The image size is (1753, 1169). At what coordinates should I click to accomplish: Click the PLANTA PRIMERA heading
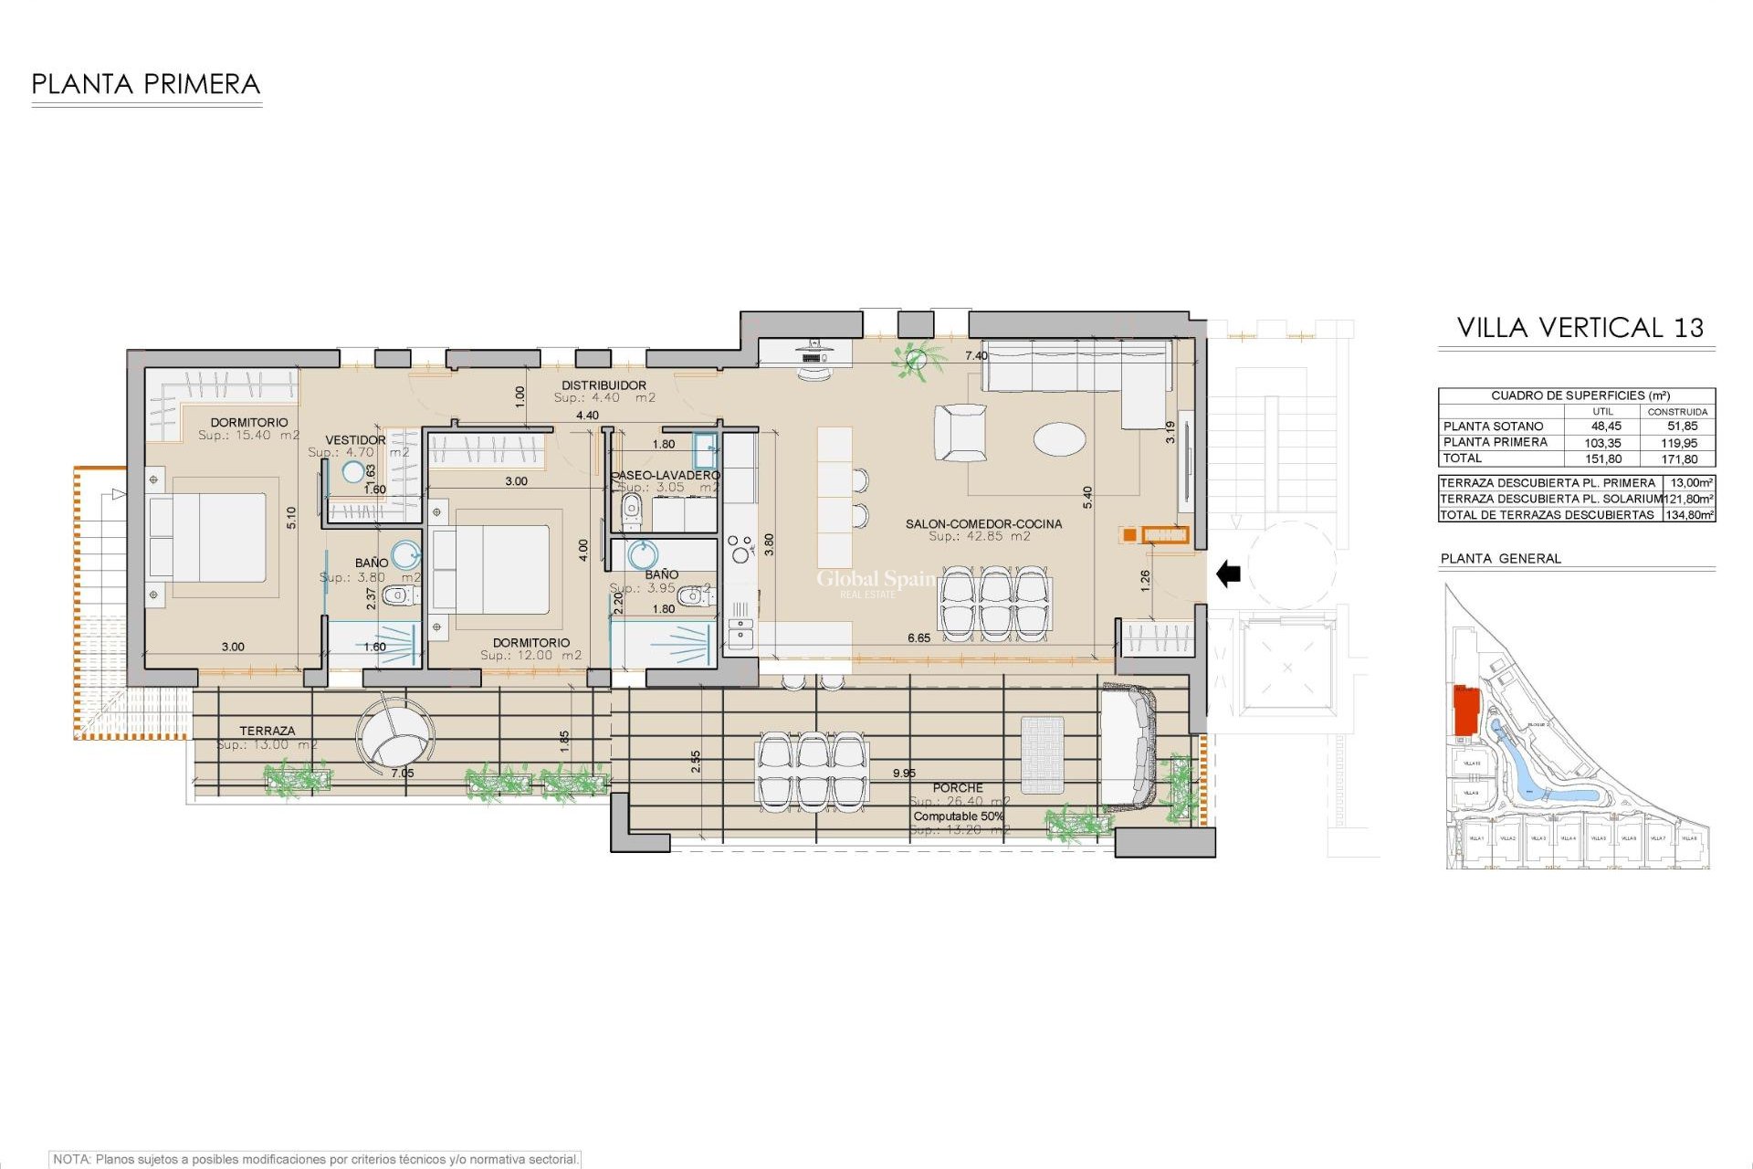pos(146,85)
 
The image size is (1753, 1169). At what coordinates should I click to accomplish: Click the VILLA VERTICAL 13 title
pos(1580,328)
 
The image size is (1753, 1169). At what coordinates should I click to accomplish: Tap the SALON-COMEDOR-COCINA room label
pos(983,524)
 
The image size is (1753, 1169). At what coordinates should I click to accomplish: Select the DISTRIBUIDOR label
pos(604,385)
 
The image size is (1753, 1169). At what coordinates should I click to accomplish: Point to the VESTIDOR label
pos(355,440)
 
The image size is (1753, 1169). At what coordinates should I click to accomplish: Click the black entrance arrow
pos(1229,574)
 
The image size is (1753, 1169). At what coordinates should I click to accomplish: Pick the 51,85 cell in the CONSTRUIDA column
pos(1682,427)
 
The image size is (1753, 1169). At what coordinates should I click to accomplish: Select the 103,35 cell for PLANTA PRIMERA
pos(1602,443)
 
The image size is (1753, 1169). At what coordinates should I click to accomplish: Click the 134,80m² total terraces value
pos(1689,515)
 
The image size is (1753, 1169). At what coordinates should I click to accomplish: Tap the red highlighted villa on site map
pos(1465,710)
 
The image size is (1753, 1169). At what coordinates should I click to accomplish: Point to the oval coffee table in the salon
pos(1059,438)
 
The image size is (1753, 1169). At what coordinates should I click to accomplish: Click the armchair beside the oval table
pos(960,433)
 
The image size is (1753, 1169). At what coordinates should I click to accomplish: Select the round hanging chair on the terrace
pos(394,736)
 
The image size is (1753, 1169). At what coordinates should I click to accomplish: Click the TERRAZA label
pos(268,731)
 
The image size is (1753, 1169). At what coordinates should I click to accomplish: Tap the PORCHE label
pos(958,787)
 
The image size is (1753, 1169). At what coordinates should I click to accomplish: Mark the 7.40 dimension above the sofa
pos(976,356)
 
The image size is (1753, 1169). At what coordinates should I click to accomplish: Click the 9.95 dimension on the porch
pos(904,774)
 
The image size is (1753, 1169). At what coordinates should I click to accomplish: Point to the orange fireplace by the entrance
pos(1164,535)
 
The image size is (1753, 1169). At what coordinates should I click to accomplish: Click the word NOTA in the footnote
pos(71,1159)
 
